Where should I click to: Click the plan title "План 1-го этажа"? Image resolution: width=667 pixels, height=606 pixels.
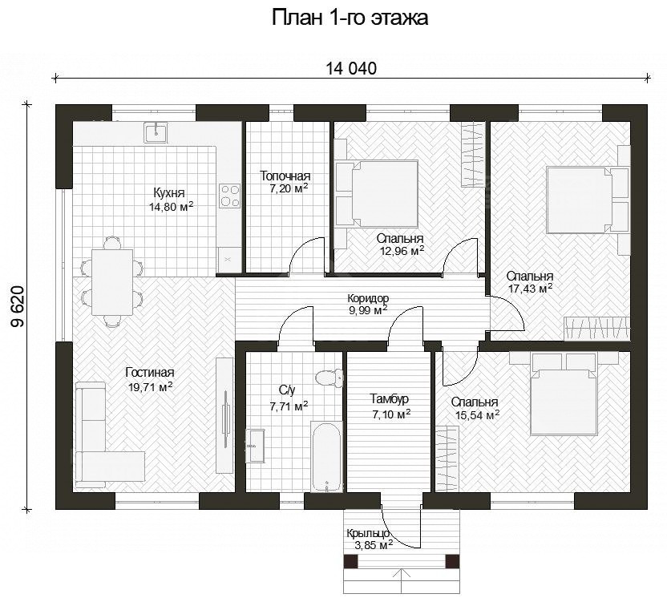pos(350,18)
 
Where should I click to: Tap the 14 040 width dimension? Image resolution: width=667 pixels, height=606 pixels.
pos(351,68)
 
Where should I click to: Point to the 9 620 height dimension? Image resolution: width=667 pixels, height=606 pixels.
pos(18,306)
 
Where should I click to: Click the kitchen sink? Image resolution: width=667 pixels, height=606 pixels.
pos(156,131)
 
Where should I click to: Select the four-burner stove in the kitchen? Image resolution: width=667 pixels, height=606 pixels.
pos(229,196)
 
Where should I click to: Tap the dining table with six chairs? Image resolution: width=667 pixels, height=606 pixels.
pos(112,282)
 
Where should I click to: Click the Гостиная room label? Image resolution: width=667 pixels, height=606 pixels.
pos(150,373)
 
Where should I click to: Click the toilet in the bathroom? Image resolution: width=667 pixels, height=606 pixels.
pos(329,378)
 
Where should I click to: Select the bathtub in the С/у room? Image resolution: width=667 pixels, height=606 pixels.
pos(326,456)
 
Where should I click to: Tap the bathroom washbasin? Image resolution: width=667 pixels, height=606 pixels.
pos(255,445)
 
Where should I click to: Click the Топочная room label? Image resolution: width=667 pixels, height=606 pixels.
pos(285,176)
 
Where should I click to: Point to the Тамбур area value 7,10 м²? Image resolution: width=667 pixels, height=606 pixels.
pos(391,414)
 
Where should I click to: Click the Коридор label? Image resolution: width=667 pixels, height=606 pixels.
pos(368,298)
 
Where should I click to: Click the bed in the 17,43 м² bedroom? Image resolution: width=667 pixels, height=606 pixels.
pos(588,200)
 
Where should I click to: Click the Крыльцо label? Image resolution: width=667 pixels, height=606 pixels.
pos(368,533)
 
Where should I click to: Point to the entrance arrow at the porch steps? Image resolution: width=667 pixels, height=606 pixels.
pos(401,582)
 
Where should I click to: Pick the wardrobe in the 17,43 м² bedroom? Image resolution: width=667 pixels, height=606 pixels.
pos(596,329)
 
